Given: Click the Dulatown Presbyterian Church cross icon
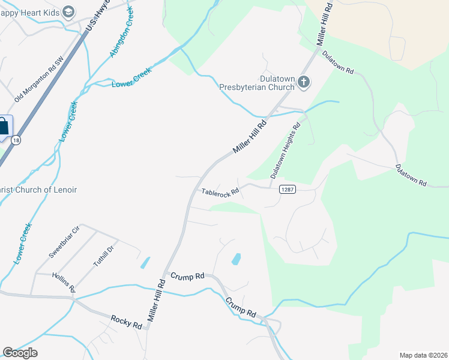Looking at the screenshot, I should point(304,82).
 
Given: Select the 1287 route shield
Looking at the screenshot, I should point(288,190).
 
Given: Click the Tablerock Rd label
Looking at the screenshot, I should point(220,193).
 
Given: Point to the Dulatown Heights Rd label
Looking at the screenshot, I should point(285,151).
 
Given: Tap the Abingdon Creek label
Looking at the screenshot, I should point(118,37).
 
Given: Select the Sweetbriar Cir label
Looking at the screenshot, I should point(64,242).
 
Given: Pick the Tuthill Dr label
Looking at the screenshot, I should point(103,256).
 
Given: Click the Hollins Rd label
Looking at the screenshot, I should point(63,281).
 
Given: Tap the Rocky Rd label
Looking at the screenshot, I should point(126,322).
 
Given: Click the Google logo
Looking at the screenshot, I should point(20,353).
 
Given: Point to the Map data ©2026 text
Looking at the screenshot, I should point(423,355).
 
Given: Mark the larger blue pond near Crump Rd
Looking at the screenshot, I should point(237,259).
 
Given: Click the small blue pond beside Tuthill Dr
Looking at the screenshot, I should point(145,262).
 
